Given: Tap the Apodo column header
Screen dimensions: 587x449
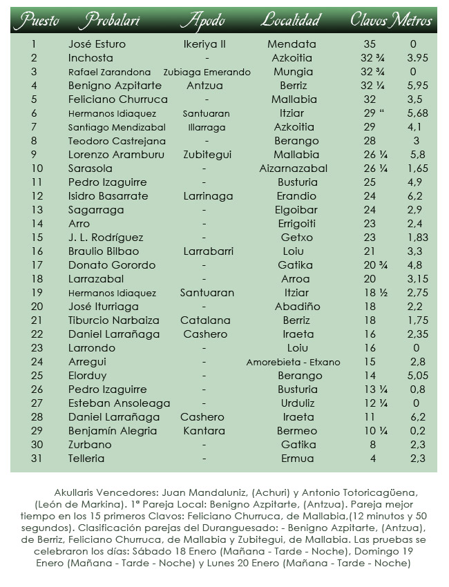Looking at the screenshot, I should tap(202, 20).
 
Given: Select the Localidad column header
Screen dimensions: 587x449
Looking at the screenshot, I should tap(292, 20).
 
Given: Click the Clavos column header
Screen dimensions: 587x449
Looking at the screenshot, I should tap(369, 20).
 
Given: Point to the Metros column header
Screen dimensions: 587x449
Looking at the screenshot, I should tap(412, 20).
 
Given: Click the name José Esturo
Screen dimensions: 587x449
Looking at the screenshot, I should tap(97, 44).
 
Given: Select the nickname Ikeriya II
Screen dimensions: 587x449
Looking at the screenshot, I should tap(204, 44).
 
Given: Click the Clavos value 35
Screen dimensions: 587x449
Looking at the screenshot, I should tap(369, 44).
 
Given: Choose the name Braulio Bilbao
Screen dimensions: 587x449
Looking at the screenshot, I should tap(104, 251).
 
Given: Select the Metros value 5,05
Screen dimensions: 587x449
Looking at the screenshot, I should tap(414, 376).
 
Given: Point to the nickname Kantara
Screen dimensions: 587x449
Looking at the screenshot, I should tap(204, 431).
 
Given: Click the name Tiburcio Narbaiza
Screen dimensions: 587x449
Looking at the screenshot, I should tap(114, 320).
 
